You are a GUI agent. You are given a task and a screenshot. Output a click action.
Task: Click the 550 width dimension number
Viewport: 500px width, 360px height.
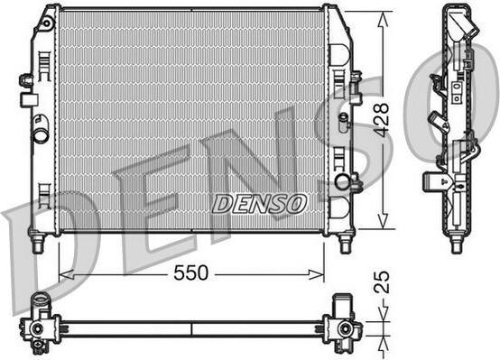(x=190, y=273)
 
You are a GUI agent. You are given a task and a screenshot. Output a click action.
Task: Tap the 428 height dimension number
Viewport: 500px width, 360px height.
(x=381, y=120)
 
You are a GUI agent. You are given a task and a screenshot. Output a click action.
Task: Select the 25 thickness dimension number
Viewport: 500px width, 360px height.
(x=382, y=282)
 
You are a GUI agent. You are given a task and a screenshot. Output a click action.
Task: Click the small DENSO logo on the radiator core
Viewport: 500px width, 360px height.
(x=259, y=203)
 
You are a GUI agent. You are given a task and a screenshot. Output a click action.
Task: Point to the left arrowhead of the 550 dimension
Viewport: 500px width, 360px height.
(x=66, y=274)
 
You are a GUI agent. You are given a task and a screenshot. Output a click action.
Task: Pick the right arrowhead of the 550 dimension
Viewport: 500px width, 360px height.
(x=317, y=274)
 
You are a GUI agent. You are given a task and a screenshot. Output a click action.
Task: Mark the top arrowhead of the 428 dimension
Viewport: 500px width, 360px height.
(x=383, y=19)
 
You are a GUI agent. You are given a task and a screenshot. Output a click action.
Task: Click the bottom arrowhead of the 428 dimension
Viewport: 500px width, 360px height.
(x=383, y=221)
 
